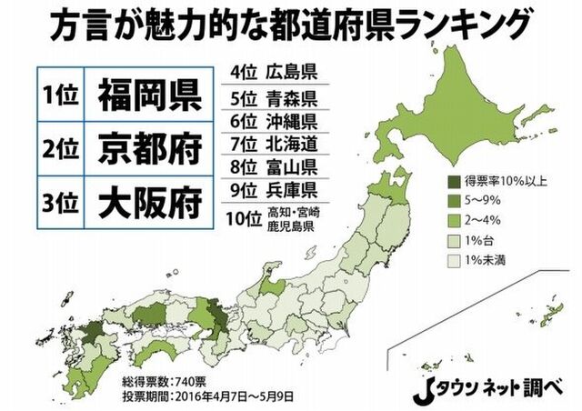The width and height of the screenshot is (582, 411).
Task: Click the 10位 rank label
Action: [x=239, y=219]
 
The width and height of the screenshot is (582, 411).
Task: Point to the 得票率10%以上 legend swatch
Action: [x=455, y=180]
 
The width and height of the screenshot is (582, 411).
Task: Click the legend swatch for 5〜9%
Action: [x=455, y=201]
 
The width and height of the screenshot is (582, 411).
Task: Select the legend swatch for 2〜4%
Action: [x=455, y=221]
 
